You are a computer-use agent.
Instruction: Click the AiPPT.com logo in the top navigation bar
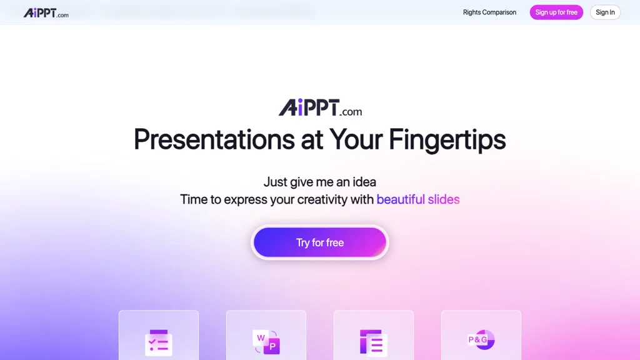click(x=46, y=12)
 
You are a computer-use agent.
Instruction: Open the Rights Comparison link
click(x=489, y=12)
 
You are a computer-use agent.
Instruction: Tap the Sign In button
click(x=604, y=12)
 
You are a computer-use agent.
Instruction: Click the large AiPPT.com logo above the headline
click(x=320, y=109)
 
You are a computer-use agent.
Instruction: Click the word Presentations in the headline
click(x=214, y=139)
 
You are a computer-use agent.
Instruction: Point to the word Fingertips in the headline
click(x=447, y=139)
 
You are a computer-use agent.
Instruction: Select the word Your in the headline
click(x=355, y=139)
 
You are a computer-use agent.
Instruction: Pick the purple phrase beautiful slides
click(x=417, y=200)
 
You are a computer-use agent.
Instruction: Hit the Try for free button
click(x=320, y=242)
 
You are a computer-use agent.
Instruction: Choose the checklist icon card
click(x=159, y=341)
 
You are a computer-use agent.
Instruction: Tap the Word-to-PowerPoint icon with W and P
click(x=266, y=341)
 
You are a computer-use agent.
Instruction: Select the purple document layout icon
click(x=374, y=341)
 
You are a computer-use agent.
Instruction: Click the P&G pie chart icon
click(x=481, y=340)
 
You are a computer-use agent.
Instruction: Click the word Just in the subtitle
click(x=275, y=182)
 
